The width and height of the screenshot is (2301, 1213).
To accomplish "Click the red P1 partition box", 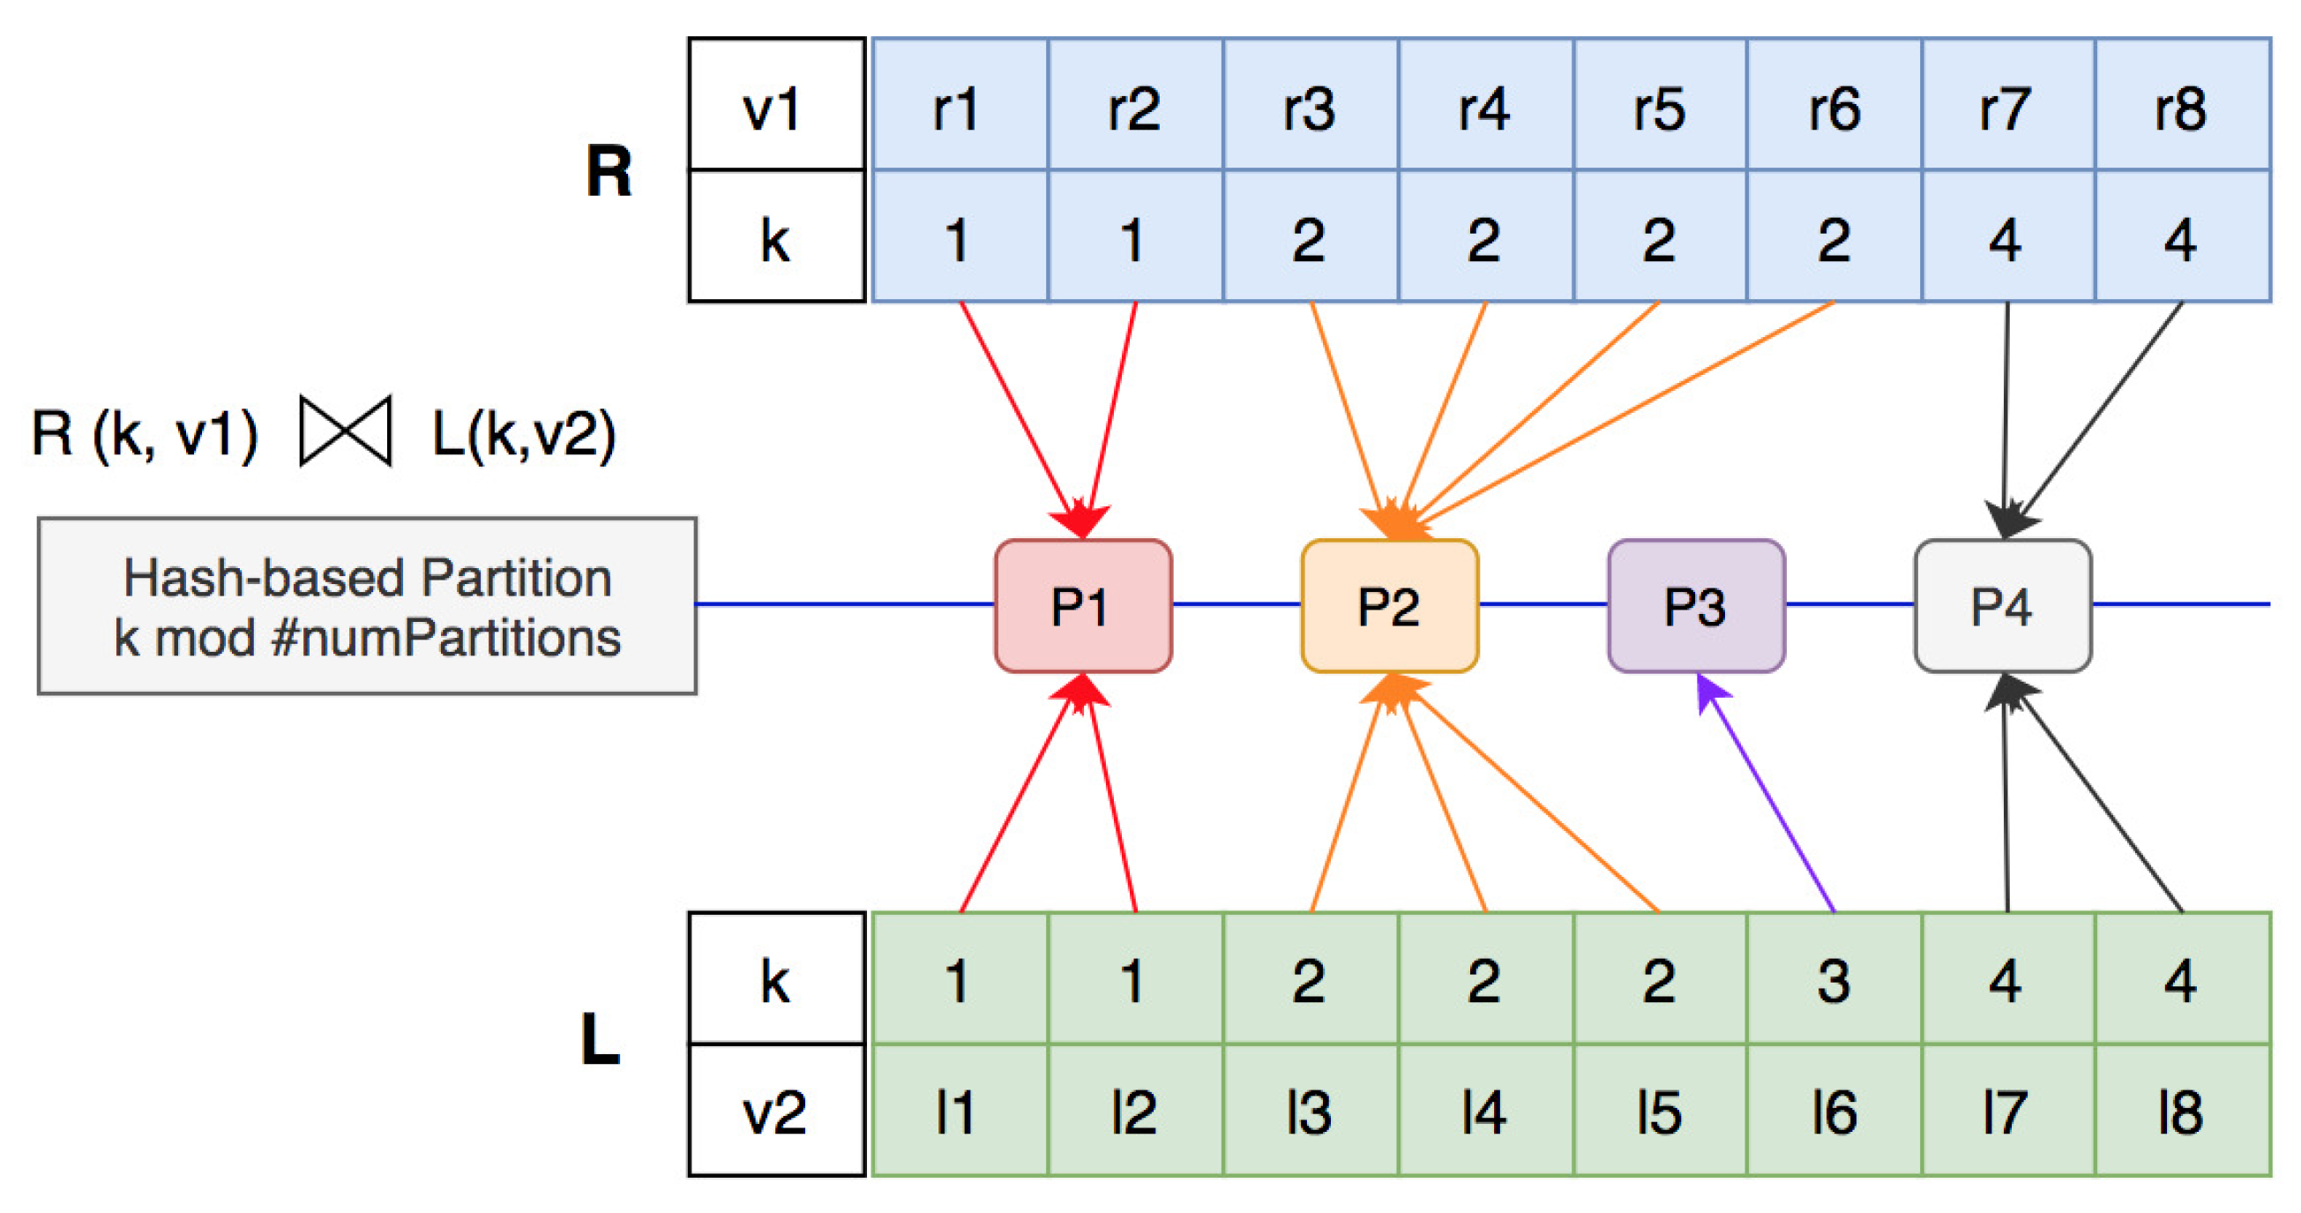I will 1083,605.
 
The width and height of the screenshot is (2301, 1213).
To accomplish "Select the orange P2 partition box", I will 1389,605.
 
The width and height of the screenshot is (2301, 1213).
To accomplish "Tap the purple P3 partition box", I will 1695,605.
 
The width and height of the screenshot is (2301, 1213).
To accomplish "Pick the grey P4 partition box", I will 2002,605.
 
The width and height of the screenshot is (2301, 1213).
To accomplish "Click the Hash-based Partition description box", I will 366,605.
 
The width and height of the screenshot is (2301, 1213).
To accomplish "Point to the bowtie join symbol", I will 346,431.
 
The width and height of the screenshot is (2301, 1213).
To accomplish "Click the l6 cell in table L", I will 1833,1112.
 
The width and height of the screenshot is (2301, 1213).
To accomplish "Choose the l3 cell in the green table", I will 1310,1112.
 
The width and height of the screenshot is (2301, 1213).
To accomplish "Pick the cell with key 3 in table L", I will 1833,979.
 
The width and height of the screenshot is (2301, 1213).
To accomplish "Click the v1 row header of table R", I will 775,104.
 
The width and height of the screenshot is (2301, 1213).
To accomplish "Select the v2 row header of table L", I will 775,1112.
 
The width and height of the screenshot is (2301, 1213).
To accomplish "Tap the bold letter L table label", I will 601,1040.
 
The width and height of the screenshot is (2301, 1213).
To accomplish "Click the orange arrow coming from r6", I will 1625,411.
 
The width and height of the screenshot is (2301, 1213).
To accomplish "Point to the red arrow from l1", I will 1019,804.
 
